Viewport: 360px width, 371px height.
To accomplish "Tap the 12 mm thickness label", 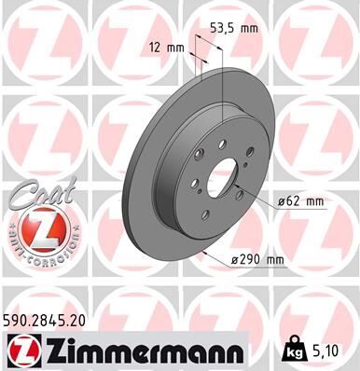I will [x=168, y=45].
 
